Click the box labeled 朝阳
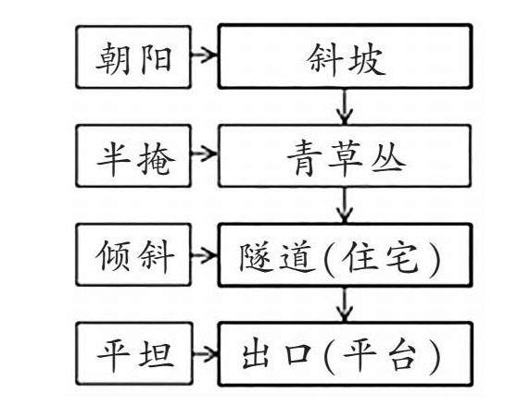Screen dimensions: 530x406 pyautogui.click(x=133, y=57)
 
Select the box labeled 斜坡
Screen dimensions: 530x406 pyautogui.click(x=345, y=56)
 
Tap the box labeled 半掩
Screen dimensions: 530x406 pyautogui.click(x=133, y=155)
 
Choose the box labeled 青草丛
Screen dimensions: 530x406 pyautogui.click(x=345, y=155)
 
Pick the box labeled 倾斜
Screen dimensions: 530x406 pyautogui.click(x=133, y=254)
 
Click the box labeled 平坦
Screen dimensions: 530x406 pyautogui.click(x=134, y=353)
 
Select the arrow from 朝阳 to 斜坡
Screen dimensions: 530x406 pyautogui.click(x=205, y=55)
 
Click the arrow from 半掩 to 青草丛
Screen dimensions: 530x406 pyautogui.click(x=205, y=154)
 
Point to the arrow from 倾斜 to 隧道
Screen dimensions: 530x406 pyautogui.click(x=205, y=254)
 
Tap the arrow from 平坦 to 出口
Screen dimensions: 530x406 pyautogui.click(x=206, y=354)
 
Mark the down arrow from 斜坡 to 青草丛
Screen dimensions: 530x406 pyautogui.click(x=345, y=106)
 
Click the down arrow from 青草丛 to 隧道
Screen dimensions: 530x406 pyautogui.click(x=345, y=205)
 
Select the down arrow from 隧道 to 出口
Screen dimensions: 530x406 pyautogui.click(x=345, y=304)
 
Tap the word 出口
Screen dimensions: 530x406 pyautogui.click(x=276, y=355)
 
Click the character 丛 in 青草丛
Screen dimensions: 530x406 pyautogui.click(x=389, y=158)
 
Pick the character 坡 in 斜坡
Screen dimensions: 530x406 pyautogui.click(x=366, y=60)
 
